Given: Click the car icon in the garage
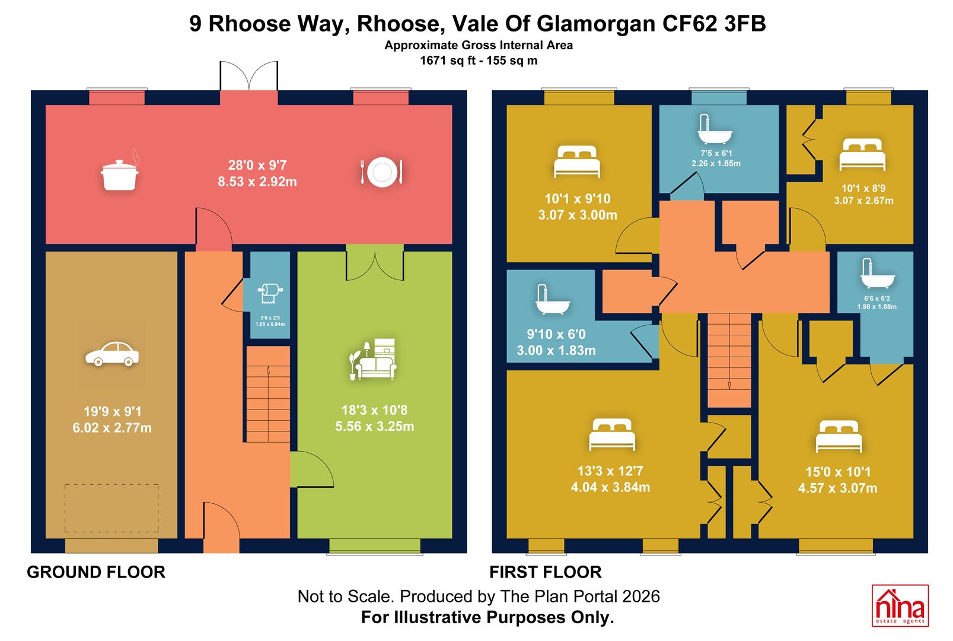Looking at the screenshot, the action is [112, 354].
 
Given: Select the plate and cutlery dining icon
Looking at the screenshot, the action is [382, 172].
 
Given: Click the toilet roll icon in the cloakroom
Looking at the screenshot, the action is [270, 294].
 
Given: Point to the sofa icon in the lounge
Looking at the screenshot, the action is [372, 359].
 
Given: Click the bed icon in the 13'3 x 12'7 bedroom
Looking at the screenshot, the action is [612, 434].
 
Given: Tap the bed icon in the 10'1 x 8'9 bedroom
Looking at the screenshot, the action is [862, 154].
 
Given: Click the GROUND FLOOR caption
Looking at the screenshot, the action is [96, 572].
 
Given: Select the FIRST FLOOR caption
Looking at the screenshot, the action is [546, 572].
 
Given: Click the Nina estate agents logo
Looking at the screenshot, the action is [900, 605].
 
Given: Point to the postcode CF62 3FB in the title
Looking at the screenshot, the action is [714, 23].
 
